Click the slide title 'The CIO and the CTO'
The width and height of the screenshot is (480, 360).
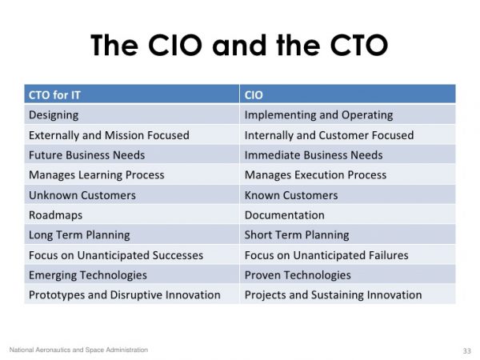239,45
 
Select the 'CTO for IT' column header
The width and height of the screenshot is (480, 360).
55,94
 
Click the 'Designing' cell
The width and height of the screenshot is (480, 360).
54,114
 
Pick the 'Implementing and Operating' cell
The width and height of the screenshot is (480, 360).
318,114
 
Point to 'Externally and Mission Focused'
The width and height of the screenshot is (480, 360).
109,134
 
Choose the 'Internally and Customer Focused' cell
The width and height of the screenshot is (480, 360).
329,134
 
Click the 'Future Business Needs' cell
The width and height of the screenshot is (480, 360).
86,154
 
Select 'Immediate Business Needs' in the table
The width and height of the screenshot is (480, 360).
314,154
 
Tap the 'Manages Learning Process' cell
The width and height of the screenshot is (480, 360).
96,174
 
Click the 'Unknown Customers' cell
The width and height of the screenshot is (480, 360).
82,194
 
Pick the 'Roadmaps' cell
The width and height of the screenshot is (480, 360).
55,214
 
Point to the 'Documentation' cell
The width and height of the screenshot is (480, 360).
284,214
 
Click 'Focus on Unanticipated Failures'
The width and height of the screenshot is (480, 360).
326,254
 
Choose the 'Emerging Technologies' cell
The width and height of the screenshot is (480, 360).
87,274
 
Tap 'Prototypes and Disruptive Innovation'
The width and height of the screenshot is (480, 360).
124,294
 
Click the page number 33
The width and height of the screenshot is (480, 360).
467,350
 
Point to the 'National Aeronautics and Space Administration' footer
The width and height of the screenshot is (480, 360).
78,350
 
